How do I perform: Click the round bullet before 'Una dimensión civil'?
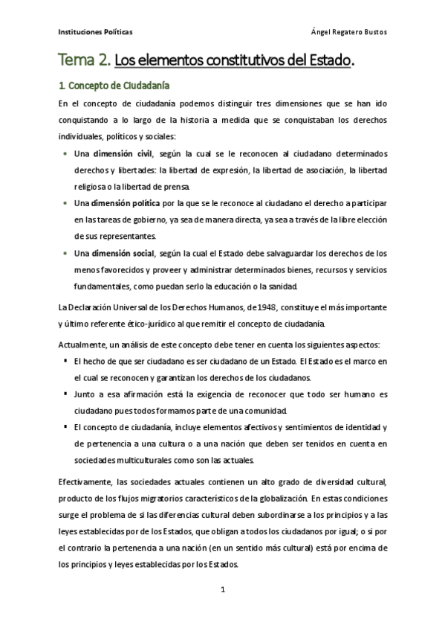[x=65, y=153]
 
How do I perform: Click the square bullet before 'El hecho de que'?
[x=65, y=361]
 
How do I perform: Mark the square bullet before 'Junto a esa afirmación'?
[x=65, y=394]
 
